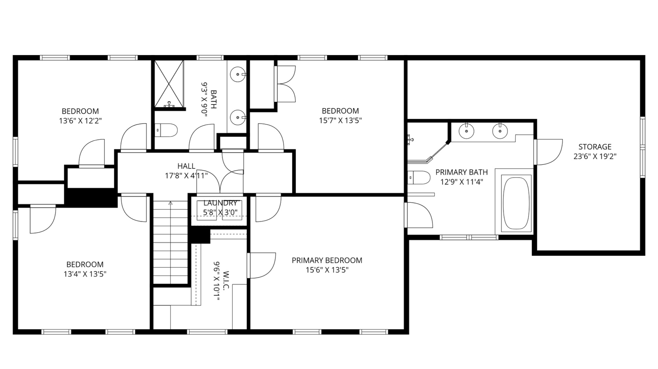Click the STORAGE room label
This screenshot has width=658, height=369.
tap(595, 147)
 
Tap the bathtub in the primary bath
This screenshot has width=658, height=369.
tap(516, 203)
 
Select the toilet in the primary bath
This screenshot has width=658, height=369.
tap(419, 178)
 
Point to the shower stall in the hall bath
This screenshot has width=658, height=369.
tap(169, 84)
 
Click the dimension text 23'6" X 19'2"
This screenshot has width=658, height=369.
tap(595, 156)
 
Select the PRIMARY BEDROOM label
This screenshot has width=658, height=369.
tap(327, 260)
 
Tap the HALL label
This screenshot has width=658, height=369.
tap(186, 166)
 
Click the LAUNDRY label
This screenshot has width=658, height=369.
tap(220, 203)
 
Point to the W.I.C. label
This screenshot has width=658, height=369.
tap(225, 280)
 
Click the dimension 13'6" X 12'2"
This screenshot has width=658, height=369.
tap(80, 121)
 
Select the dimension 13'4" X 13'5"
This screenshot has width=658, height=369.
tap(85, 274)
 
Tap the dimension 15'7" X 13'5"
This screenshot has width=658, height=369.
tap(340, 120)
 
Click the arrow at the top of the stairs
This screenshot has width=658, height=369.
tap(171, 203)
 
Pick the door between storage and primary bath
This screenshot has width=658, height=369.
tap(548, 152)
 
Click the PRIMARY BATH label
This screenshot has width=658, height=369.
tap(461, 172)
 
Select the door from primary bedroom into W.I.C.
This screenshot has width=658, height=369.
tap(261, 266)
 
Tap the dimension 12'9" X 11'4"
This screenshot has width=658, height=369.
tap(461, 182)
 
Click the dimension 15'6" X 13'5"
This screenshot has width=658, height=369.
tap(327, 270)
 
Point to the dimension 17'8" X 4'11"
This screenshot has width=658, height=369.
tap(186, 176)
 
